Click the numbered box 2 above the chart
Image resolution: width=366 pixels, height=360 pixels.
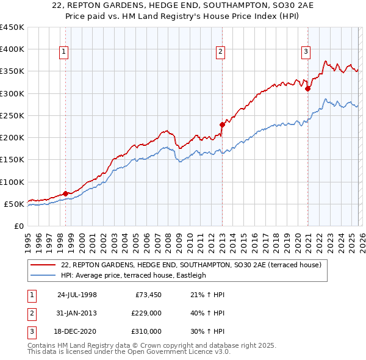click(220, 52)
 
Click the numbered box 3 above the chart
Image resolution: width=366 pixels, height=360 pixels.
click(306, 52)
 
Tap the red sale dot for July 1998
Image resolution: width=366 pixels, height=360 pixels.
click(65, 193)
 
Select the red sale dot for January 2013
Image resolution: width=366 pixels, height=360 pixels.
click(222, 124)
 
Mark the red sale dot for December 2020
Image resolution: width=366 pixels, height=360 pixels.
click(307, 88)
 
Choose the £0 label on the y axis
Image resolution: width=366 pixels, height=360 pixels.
click(19, 226)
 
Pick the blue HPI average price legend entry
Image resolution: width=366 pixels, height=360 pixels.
click(134, 275)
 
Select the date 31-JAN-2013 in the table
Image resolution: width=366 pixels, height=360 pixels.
click(77, 314)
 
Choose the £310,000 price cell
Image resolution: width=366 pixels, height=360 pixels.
click(146, 331)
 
